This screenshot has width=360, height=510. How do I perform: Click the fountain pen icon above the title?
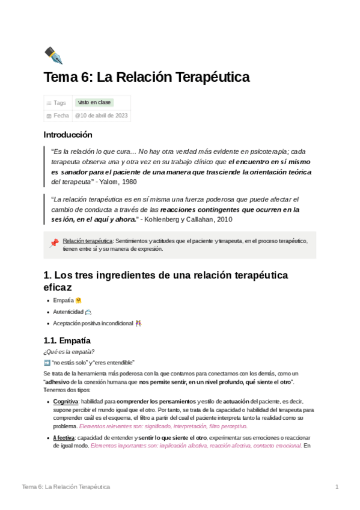pyautogui.click(x=53, y=55)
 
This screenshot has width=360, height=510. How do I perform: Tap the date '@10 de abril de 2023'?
pyautogui.click(x=101, y=115)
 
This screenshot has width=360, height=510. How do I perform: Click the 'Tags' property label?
pyautogui.click(x=59, y=103)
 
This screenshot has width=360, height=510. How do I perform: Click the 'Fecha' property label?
pyautogui.click(x=61, y=115)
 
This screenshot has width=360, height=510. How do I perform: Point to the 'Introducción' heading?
pyautogui.click(x=68, y=135)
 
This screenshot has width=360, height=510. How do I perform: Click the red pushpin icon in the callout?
pyautogui.click(x=53, y=243)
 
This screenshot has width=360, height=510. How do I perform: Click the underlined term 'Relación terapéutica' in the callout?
pyautogui.click(x=87, y=241)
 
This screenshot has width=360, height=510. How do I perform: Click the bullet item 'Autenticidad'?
pyautogui.click(x=69, y=312)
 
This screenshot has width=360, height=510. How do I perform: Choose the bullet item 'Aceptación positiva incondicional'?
pyautogui.click(x=93, y=323)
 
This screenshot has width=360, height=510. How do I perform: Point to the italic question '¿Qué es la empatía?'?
pyautogui.click(x=69, y=352)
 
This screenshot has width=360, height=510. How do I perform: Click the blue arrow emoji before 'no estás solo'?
pyautogui.click(x=47, y=363)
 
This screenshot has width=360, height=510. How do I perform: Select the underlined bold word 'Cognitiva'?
pyautogui.click(x=66, y=401)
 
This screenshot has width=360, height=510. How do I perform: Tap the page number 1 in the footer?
pyautogui.click(x=337, y=486)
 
